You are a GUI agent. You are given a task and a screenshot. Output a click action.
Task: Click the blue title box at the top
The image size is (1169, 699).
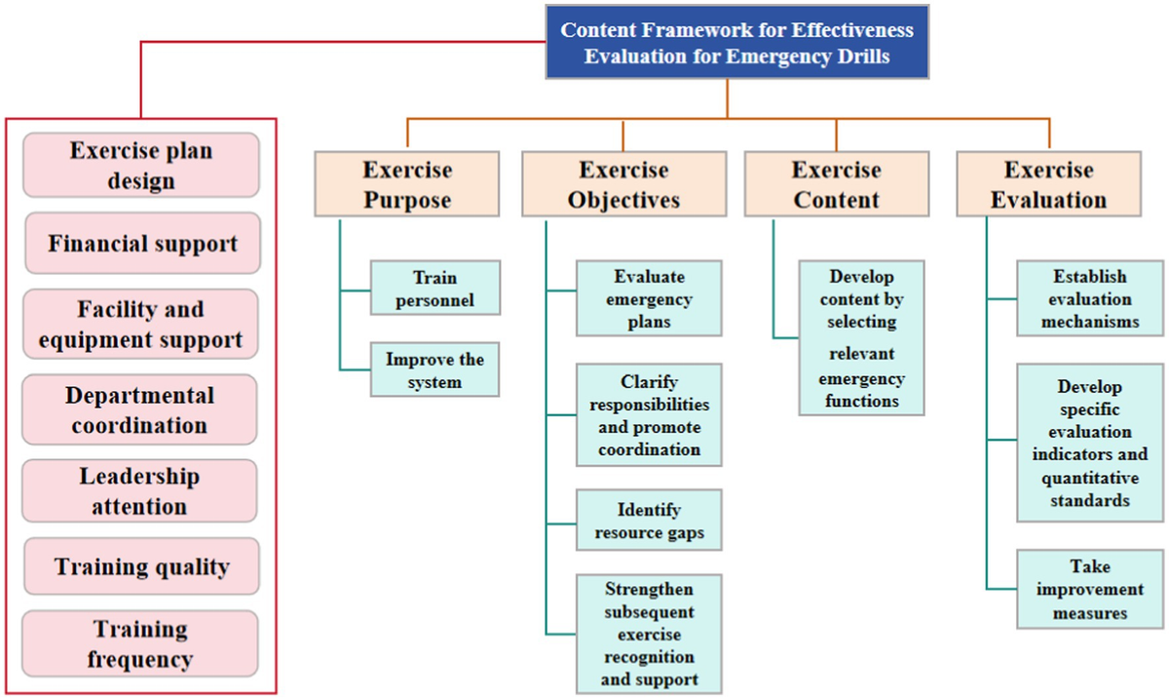pyautogui.click(x=736, y=43)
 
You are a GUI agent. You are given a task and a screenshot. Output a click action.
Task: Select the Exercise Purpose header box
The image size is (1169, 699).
pyautogui.click(x=407, y=184)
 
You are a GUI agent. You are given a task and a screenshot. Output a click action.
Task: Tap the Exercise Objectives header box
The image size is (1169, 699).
pyautogui.click(x=623, y=184)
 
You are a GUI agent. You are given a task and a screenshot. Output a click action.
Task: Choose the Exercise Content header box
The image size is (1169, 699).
pyautogui.click(x=836, y=184)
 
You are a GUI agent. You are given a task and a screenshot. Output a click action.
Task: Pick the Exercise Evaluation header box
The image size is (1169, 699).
pyautogui.click(x=1048, y=184)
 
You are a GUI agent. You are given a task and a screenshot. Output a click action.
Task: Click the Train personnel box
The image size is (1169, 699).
pyautogui.click(x=434, y=289)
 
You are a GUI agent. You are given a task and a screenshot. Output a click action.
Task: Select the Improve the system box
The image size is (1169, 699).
pyautogui.click(x=434, y=370)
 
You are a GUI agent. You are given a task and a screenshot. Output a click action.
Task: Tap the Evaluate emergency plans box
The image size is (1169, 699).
pyautogui.click(x=649, y=299)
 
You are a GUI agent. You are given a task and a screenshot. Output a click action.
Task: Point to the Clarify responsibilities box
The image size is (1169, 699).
pyautogui.click(x=649, y=416)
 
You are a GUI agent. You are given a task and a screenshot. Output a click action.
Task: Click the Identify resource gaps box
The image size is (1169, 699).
pyautogui.click(x=649, y=522)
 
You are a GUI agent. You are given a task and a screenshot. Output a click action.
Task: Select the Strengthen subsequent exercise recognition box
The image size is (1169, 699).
pyautogui.click(x=649, y=634)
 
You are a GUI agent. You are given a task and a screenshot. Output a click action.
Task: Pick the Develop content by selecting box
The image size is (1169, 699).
pyautogui.click(x=861, y=337)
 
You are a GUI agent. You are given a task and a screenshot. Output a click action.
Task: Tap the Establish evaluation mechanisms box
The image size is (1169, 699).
pyautogui.click(x=1089, y=299)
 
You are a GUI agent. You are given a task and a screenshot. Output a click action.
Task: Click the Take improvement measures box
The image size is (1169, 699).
pyautogui.click(x=1089, y=590)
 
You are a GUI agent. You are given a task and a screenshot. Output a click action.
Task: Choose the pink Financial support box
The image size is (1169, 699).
pyautogui.click(x=142, y=244)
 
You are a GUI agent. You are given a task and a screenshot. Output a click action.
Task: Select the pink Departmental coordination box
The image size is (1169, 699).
pyautogui.click(x=139, y=410)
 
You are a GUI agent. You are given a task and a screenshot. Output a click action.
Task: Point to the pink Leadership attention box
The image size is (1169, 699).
pyautogui.click(x=139, y=491)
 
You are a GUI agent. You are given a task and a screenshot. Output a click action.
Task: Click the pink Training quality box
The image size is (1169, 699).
pyautogui.click(x=142, y=567)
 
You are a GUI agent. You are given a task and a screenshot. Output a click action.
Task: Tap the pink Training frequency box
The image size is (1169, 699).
pyautogui.click(x=139, y=643)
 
